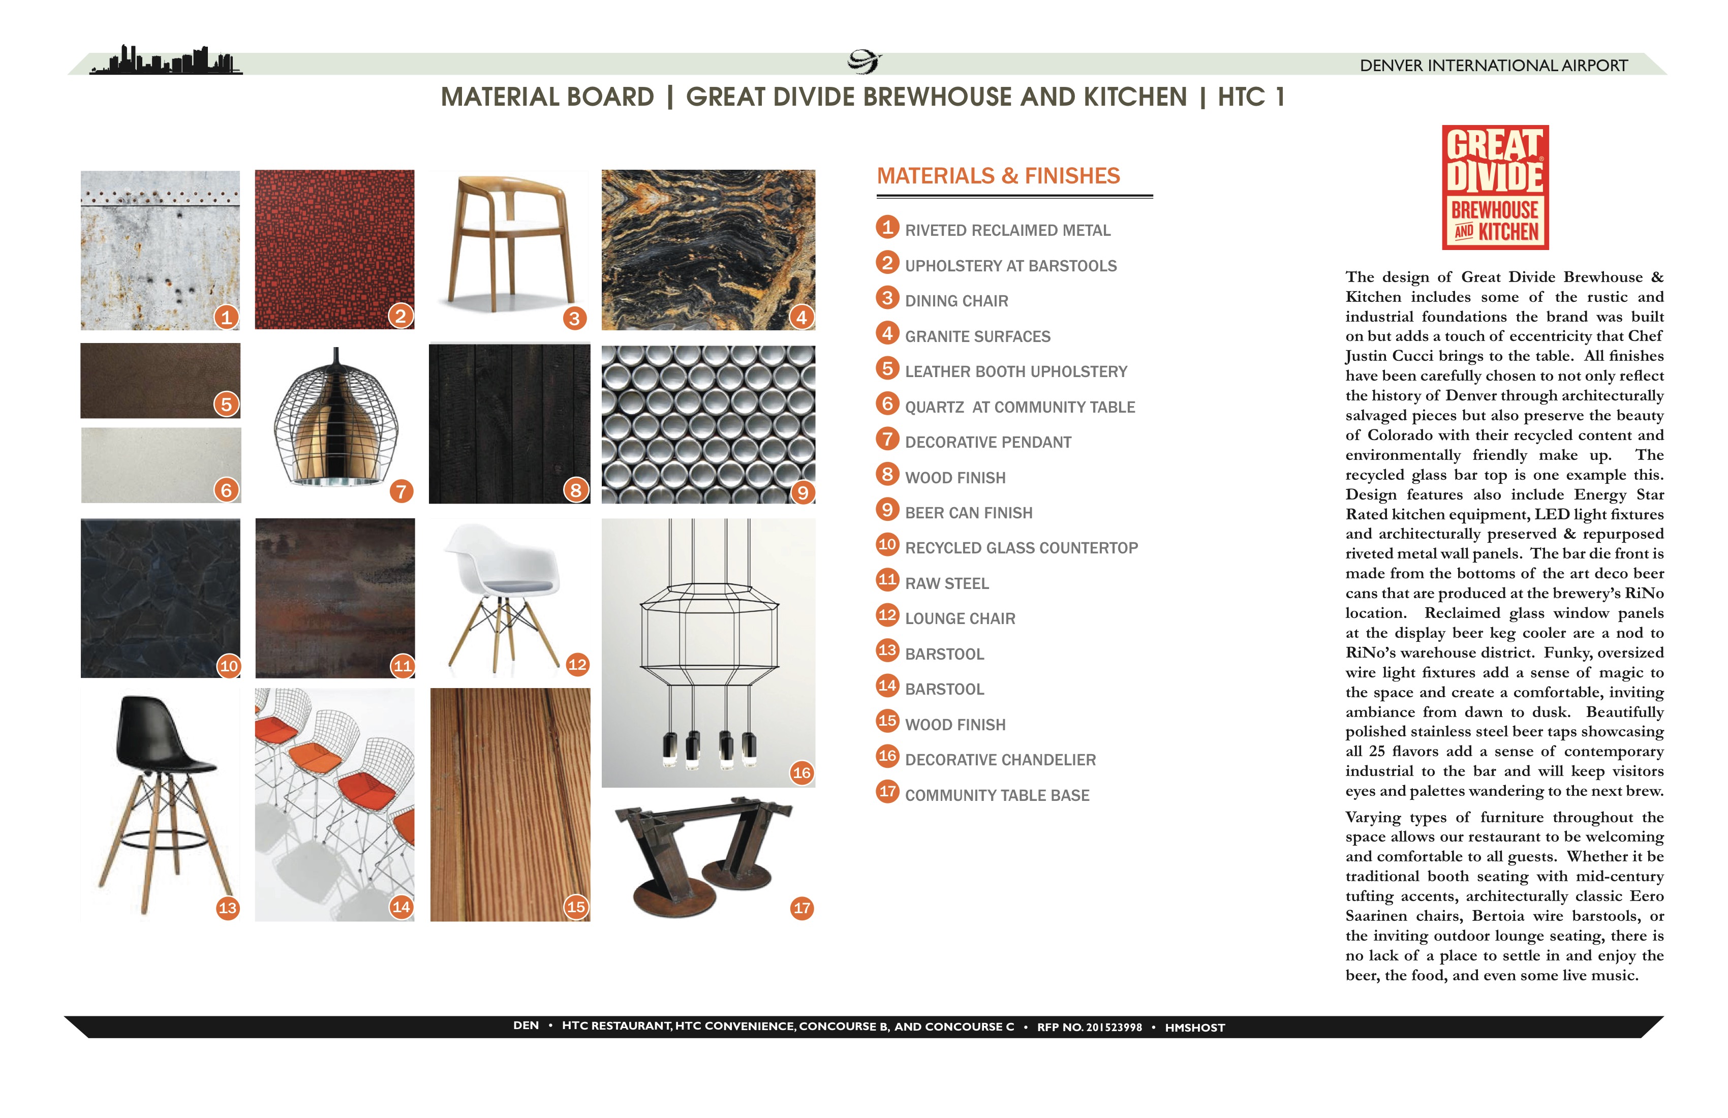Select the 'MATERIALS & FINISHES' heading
(x=998, y=176)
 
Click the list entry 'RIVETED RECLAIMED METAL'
(x=1007, y=231)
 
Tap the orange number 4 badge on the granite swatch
(x=801, y=317)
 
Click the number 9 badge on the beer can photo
(x=803, y=493)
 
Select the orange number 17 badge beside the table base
(x=801, y=908)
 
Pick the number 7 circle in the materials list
(x=886, y=439)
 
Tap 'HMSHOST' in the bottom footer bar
(x=1194, y=1027)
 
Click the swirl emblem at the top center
(x=864, y=61)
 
